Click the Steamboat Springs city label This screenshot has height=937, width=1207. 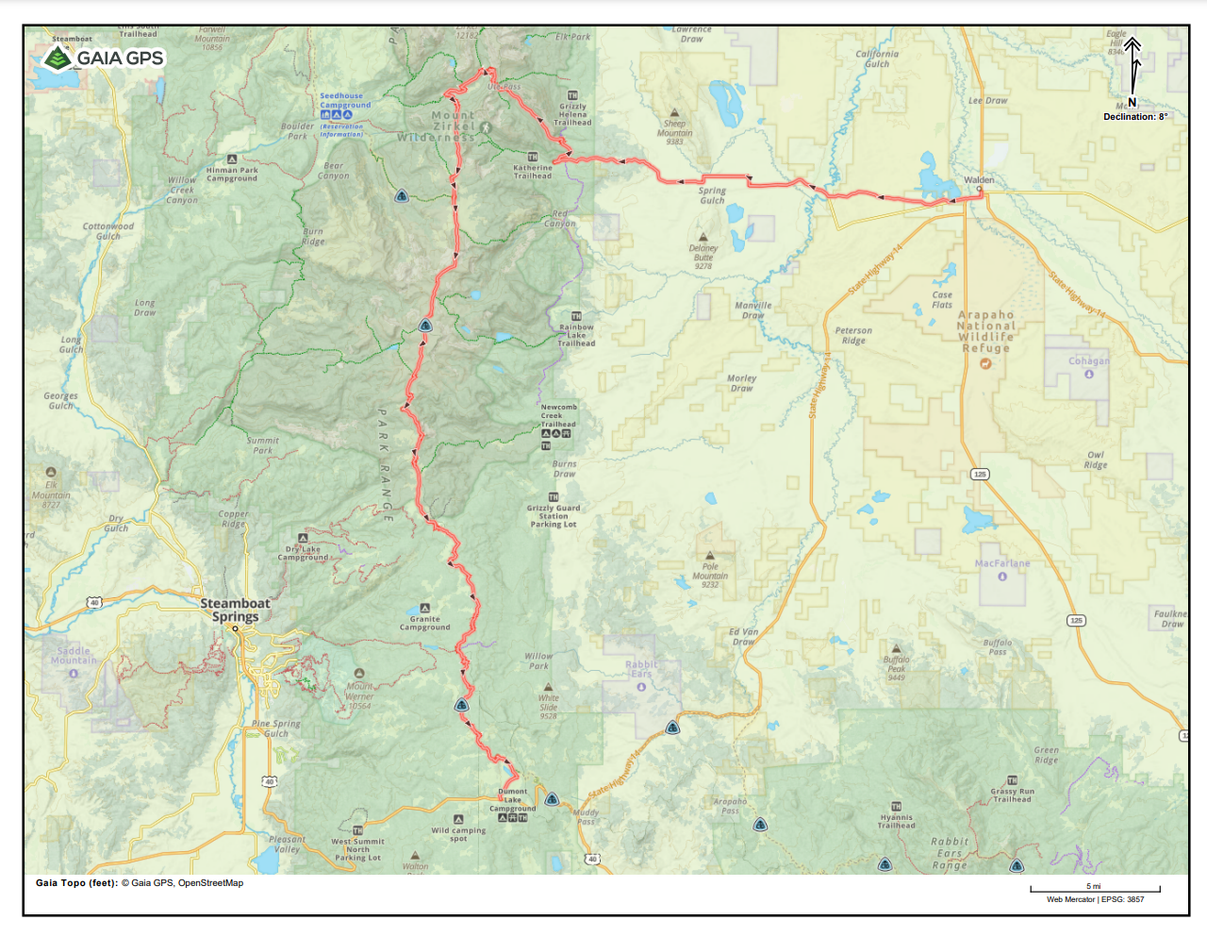coord(235,610)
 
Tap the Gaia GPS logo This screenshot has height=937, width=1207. coord(103,59)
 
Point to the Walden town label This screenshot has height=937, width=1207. coord(979,179)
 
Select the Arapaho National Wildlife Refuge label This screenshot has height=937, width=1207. coord(986,331)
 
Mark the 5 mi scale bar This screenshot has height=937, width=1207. coord(1094,888)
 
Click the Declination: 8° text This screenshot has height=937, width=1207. coord(1135,117)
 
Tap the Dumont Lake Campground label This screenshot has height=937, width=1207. coord(512,800)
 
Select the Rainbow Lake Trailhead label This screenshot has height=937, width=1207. coord(576,335)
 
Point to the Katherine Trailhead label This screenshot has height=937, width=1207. coord(533,172)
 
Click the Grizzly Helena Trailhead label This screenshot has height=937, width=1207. coord(572,114)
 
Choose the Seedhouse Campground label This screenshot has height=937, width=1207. coord(344,100)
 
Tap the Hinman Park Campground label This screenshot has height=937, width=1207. coord(232,175)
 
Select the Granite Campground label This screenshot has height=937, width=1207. coord(424,623)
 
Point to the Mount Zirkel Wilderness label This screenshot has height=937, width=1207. coord(437,126)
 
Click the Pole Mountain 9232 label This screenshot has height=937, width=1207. coord(710,576)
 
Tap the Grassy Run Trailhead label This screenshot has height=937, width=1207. coord(1012,795)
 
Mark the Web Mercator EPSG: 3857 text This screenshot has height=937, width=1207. coord(1095,899)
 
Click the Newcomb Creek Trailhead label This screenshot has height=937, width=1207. coord(558,415)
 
